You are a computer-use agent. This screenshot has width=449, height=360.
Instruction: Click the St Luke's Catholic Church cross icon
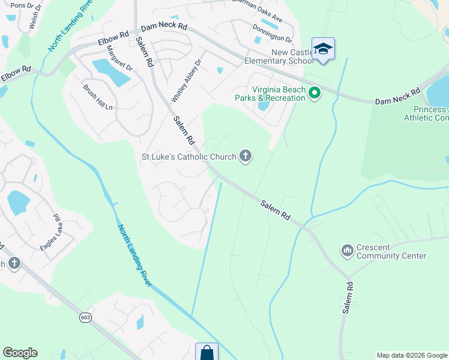pos(245,157)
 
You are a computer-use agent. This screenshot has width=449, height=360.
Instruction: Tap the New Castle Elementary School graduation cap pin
pos(323,49)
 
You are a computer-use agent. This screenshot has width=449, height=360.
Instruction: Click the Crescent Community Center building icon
pos(347,250)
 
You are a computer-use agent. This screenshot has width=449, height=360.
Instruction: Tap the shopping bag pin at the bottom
pos(206,352)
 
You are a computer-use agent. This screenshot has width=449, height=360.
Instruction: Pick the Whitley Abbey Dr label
pos(181,83)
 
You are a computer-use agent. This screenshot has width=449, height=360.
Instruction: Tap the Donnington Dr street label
pos(272,34)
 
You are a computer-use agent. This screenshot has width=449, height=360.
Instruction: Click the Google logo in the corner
pos(20,353)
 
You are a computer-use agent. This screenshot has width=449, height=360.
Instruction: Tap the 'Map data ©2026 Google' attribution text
pos(412,355)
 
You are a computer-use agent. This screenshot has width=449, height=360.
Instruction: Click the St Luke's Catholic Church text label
pos(188,157)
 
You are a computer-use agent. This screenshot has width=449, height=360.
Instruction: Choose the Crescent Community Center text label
pos(391,251)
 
